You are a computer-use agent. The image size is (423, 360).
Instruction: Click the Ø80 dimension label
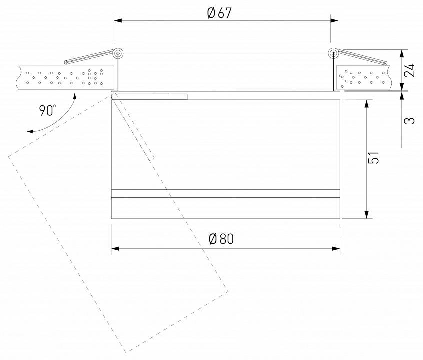(x=221, y=239)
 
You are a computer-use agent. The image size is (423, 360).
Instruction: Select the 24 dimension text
(x=410, y=70)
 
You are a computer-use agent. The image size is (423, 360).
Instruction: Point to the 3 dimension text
(x=410, y=121)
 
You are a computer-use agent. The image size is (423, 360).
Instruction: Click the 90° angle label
(x=48, y=110)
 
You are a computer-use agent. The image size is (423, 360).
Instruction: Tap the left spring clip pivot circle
(x=118, y=53)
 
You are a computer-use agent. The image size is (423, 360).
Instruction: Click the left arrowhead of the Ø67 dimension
(x=118, y=20)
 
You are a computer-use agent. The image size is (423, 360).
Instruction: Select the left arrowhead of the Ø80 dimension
(x=115, y=248)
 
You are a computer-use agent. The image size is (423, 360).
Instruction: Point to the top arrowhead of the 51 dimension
(x=367, y=104)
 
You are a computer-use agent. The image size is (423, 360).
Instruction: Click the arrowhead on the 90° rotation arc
(x=31, y=131)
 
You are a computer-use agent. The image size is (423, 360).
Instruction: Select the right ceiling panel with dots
(x=362, y=78)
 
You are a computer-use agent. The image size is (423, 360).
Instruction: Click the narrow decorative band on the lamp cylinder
(x=225, y=194)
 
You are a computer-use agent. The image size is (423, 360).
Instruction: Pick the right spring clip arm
(x=362, y=57)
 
